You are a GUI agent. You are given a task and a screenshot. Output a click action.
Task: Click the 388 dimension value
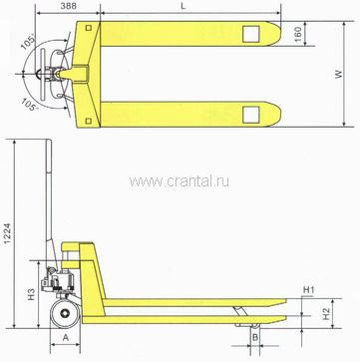pyautogui.click(x=69, y=6)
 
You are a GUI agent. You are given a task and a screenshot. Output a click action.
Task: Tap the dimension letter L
pyautogui.click(x=182, y=6)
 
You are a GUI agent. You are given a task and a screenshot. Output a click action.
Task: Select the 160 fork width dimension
pyautogui.click(x=298, y=34)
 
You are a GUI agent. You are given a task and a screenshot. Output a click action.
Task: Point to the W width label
pyautogui.click(x=339, y=74)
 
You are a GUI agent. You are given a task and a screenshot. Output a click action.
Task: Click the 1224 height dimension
pyautogui.click(x=8, y=233)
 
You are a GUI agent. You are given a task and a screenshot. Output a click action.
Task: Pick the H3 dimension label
pyautogui.click(x=31, y=294)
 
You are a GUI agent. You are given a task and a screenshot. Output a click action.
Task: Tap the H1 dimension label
pyautogui.click(x=308, y=290)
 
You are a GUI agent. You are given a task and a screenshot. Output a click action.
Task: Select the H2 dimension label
pyautogui.click(x=328, y=314)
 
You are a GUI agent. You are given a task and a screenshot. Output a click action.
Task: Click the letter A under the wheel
pyautogui.click(x=66, y=338)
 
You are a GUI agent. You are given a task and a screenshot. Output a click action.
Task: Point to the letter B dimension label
pyautogui.click(x=255, y=338)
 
